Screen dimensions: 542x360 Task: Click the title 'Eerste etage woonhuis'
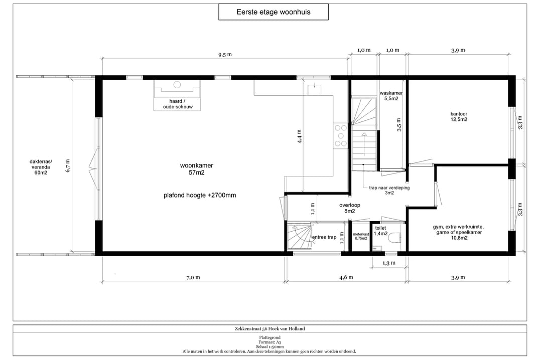pyautogui.click(x=274, y=12)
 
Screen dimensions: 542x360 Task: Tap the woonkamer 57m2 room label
pyautogui.click(x=196, y=169)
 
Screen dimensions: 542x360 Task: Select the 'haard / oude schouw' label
pyautogui.click(x=178, y=104)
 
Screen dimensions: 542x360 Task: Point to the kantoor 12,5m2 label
pyautogui.click(x=459, y=116)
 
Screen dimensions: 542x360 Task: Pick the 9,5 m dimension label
pyautogui.click(x=225, y=55)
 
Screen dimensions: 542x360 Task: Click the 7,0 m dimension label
pyautogui.click(x=193, y=277)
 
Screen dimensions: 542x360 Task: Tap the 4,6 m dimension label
pyautogui.click(x=346, y=277)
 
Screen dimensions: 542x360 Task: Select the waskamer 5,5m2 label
pyautogui.click(x=391, y=96)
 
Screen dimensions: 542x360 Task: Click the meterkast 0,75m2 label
pyautogui.click(x=361, y=236)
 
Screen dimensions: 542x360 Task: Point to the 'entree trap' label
pyautogui.click(x=324, y=237)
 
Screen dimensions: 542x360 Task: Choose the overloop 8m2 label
pyautogui.click(x=349, y=208)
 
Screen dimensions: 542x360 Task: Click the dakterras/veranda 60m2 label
pyautogui.click(x=41, y=167)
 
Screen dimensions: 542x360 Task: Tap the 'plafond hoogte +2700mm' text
pyautogui.click(x=200, y=195)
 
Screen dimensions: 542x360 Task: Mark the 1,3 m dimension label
pyautogui.click(x=389, y=263)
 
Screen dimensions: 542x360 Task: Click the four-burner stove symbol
pyautogui.click(x=340, y=136)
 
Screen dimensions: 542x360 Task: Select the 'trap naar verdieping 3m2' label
pyautogui.click(x=389, y=191)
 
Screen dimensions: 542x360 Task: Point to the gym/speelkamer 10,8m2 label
pyautogui.click(x=458, y=232)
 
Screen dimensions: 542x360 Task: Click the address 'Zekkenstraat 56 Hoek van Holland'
pyautogui.click(x=270, y=328)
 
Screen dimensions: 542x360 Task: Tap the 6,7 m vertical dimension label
pyautogui.click(x=68, y=165)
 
